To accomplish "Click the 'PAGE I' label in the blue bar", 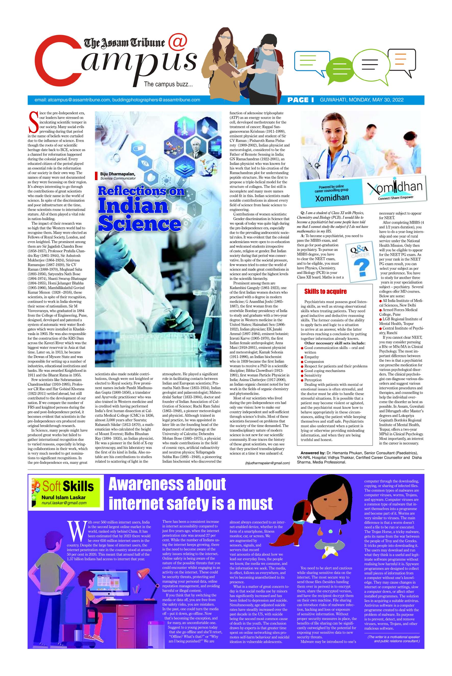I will (x=300, y=100).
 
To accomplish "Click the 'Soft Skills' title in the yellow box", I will (x=68, y=486).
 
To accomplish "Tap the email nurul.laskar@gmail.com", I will (x=64, y=503).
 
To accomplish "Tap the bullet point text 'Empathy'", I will (x=311, y=357).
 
